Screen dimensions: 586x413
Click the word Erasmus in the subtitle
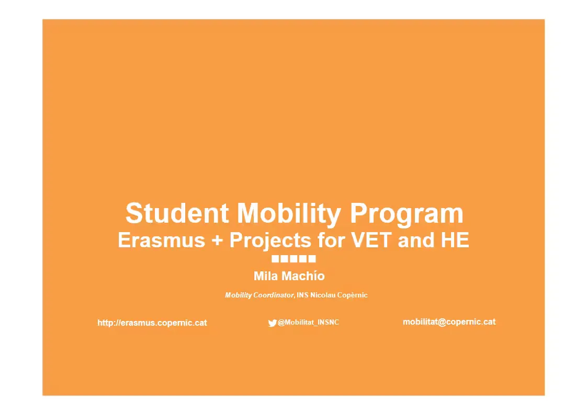pos(162,240)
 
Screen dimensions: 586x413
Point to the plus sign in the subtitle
pos(217,240)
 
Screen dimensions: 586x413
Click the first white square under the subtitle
pos(275,259)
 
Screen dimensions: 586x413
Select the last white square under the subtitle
pos(312,259)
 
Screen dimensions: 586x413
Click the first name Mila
pos(266,276)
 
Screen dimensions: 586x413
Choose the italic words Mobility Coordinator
pos(259,295)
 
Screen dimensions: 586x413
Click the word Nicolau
pos(323,295)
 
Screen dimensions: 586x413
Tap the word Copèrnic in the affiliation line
pos(353,295)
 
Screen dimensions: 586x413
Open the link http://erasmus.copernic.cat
pos(152,323)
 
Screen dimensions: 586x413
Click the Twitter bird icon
pos(273,323)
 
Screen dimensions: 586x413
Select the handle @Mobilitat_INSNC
pos(308,322)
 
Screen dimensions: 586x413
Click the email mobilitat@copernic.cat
pos(449,322)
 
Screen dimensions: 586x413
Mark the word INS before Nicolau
pos(303,295)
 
